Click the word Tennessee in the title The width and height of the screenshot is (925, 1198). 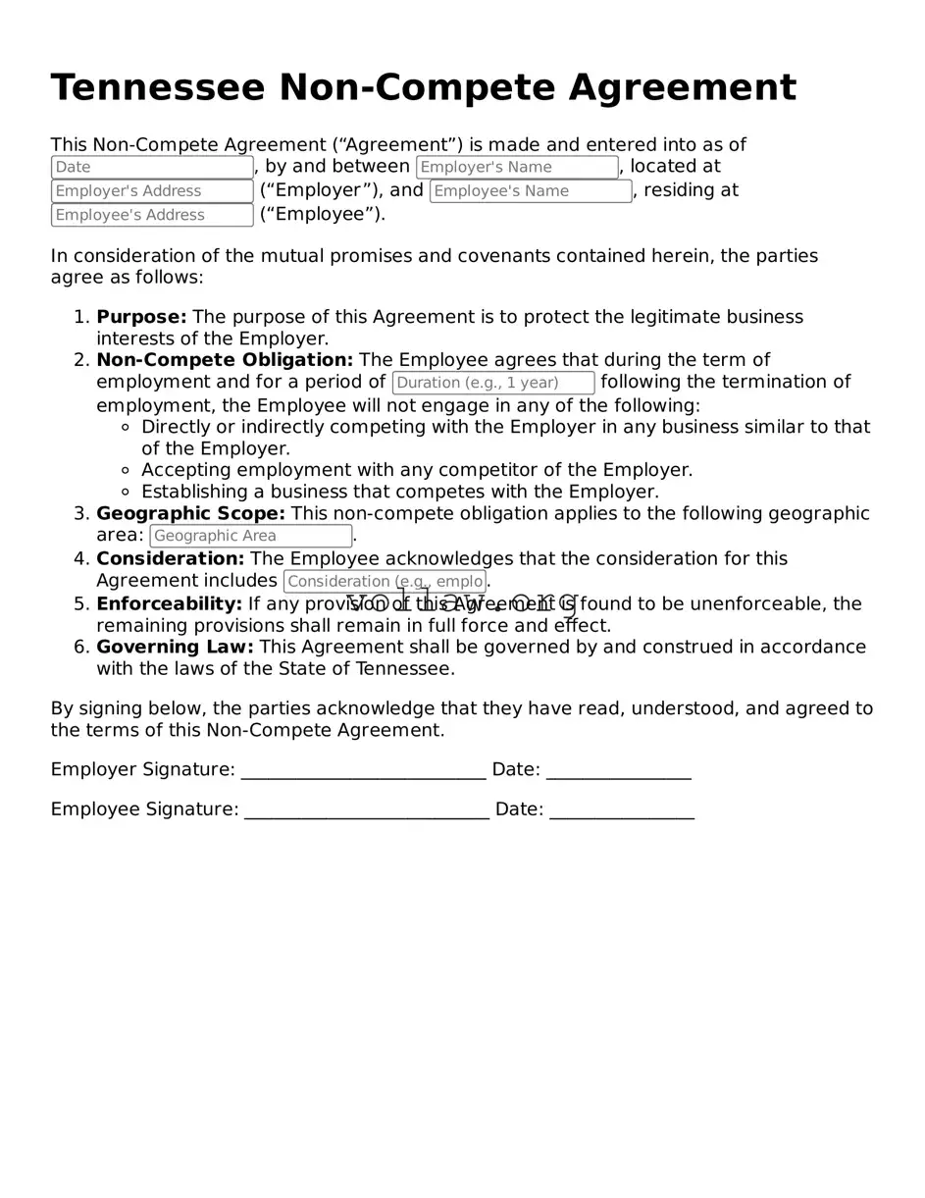tap(157, 88)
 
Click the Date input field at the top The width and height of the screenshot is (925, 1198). tap(152, 168)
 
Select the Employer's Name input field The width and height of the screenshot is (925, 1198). tap(517, 168)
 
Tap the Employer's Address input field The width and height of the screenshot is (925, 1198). tap(152, 191)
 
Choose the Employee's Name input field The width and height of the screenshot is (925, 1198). tap(531, 191)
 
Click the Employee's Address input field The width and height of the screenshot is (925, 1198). tap(152, 215)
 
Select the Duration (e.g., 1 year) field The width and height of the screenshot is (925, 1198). tap(493, 383)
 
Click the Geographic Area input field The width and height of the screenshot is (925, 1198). tap(250, 536)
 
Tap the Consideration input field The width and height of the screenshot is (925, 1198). tap(385, 582)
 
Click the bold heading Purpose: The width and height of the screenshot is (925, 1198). tap(141, 317)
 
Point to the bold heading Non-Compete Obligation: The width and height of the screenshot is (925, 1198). tap(225, 360)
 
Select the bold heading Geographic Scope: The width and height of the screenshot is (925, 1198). tap(190, 513)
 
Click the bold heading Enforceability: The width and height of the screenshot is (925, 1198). tap(169, 603)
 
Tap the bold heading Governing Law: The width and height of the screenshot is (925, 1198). tap(175, 647)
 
